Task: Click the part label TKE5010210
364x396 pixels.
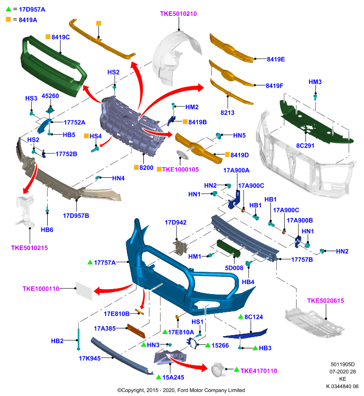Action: click(179, 14)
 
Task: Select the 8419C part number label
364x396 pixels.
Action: click(61, 37)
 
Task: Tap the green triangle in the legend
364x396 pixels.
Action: click(8, 9)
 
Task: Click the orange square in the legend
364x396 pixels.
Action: click(8, 19)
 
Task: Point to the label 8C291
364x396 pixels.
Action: click(305, 146)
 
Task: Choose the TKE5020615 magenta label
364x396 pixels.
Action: click(325, 300)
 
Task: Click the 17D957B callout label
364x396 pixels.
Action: click(76, 216)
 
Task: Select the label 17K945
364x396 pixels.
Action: click(90, 358)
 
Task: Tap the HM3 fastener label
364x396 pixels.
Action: click(315, 82)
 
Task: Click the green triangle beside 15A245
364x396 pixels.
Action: click(159, 377)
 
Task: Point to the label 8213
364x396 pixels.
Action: click(228, 113)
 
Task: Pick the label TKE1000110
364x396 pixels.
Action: click(41, 289)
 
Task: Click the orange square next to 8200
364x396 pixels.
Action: click(136, 167)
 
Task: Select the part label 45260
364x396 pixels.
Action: click(50, 96)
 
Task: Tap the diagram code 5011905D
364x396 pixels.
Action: click(343, 364)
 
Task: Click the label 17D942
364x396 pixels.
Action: click(176, 222)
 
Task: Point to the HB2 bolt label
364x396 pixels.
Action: click(57, 341)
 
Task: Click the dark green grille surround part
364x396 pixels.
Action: click(54, 66)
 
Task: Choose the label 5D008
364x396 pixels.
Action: click(234, 268)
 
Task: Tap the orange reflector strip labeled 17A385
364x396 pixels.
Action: click(136, 331)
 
